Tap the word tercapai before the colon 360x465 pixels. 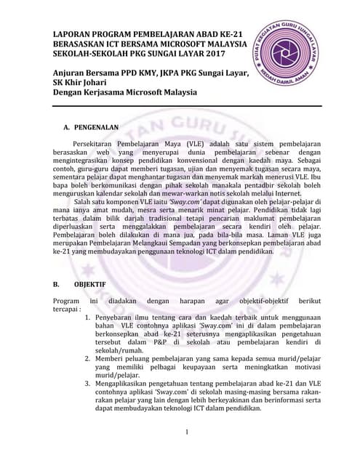(x=67, y=309)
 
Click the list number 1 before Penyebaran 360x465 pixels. (x=88, y=318)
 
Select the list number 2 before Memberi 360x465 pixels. (x=88, y=358)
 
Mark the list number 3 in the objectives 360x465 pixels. (x=88, y=383)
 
